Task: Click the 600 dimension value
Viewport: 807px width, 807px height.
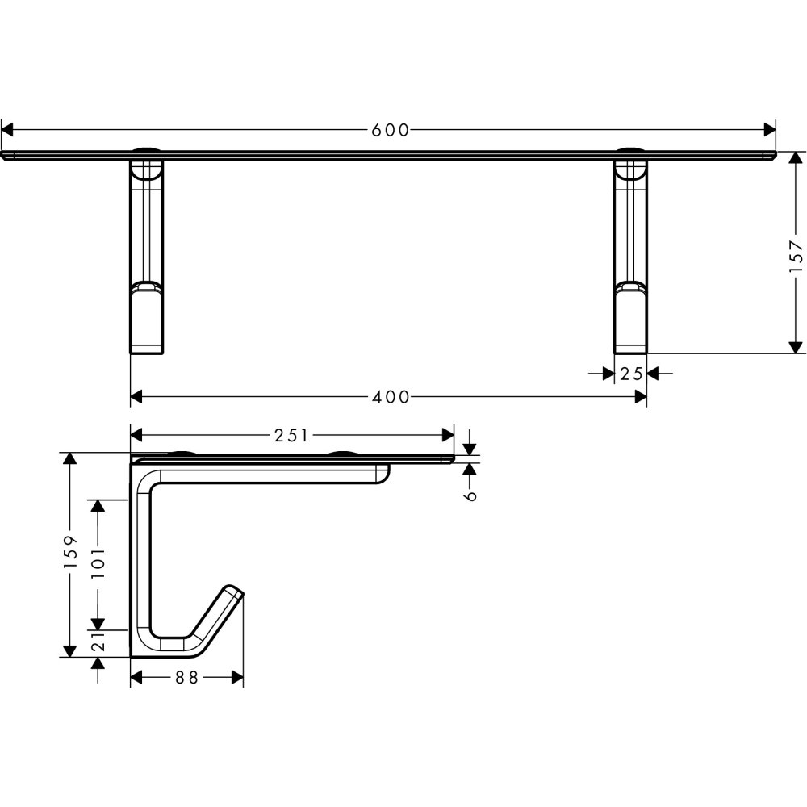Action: coord(390,130)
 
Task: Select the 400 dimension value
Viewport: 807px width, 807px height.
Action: coord(391,397)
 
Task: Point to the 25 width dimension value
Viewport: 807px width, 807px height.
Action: coord(631,374)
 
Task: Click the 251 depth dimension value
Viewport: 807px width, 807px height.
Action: coord(291,436)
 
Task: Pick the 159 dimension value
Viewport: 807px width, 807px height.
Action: coord(69,552)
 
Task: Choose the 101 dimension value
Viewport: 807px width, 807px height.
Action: coord(98,563)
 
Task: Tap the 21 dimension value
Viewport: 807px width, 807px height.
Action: coord(98,642)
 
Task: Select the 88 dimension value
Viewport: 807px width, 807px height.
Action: coord(186,678)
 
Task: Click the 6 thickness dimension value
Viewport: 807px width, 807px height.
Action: coord(470,495)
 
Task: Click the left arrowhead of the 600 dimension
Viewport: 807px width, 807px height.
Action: coord(7,130)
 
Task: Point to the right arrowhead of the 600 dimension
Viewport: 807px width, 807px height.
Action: coord(770,130)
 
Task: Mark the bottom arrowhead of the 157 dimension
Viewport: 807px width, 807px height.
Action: coord(796,347)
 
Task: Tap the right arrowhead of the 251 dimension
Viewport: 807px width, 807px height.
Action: coord(448,436)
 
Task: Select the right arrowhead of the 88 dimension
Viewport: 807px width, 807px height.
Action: coord(237,678)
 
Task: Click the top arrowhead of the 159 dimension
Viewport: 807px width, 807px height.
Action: coord(69,458)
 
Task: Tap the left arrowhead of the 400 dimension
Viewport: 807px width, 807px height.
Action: coord(137,397)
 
